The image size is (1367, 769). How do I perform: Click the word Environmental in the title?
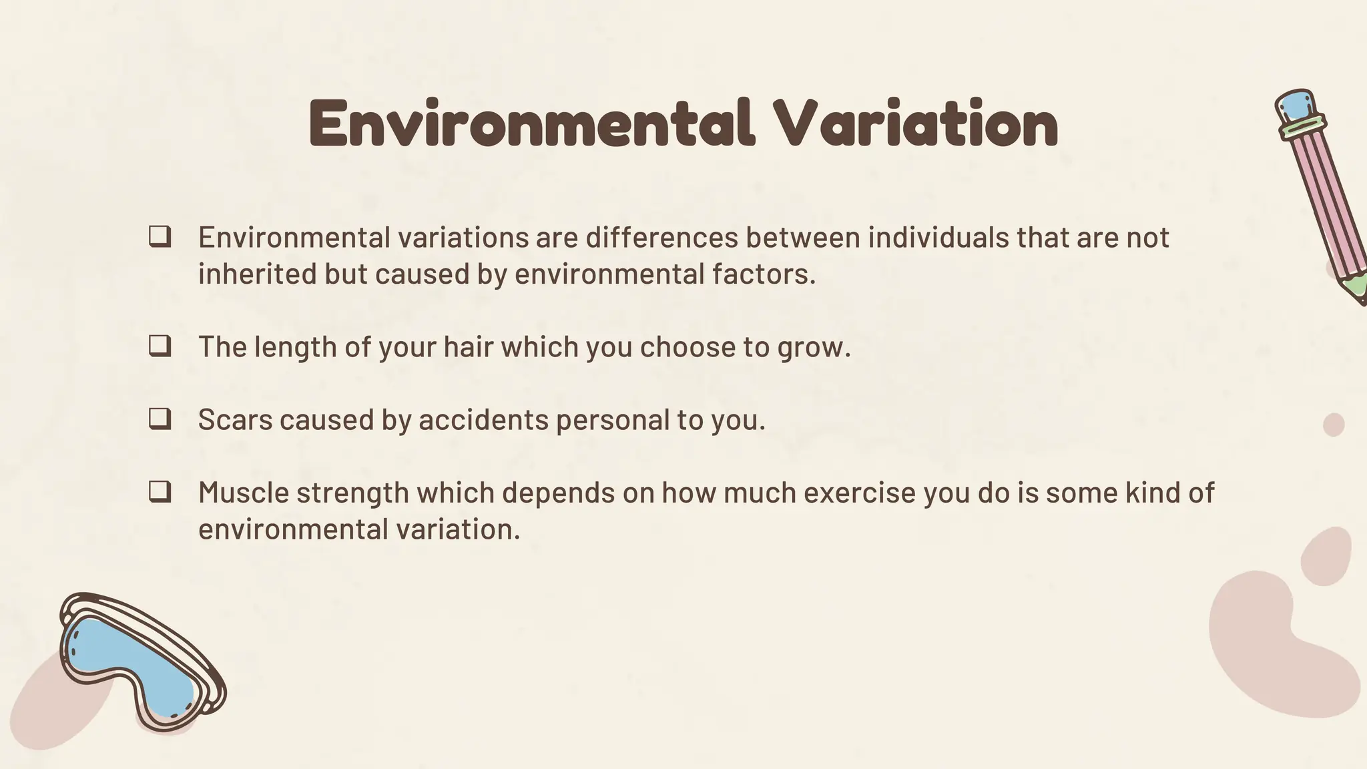(x=531, y=123)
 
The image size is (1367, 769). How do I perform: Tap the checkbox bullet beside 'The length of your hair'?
(x=160, y=346)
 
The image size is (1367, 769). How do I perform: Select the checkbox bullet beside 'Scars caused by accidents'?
(x=160, y=419)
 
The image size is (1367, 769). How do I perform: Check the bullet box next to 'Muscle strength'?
(x=160, y=493)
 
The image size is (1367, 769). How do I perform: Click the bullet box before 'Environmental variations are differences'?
(x=160, y=237)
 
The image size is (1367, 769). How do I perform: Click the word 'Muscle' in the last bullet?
(x=244, y=493)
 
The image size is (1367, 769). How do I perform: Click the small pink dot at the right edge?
(x=1334, y=425)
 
